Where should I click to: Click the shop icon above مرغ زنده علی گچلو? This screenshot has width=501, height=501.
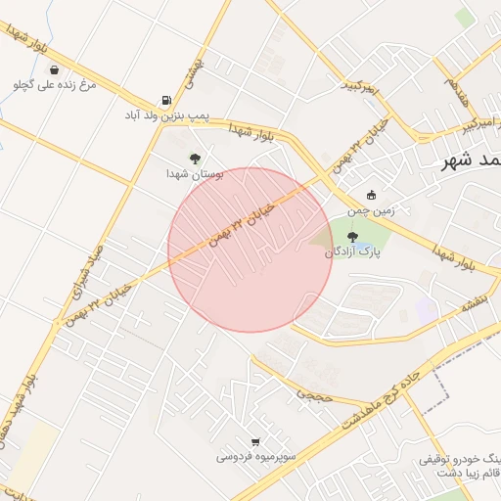(52, 70)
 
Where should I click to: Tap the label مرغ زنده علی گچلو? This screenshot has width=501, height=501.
(55, 85)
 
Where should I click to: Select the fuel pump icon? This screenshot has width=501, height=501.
(166, 101)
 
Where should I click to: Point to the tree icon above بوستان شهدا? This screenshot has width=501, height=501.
(195, 158)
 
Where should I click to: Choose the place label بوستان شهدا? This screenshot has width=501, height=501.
(195, 173)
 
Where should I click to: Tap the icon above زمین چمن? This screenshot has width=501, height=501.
(371, 195)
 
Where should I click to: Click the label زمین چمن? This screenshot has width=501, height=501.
(371, 209)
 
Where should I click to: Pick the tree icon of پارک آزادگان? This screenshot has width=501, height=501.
(352, 236)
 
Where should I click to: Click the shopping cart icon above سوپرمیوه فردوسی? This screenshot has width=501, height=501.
(255, 441)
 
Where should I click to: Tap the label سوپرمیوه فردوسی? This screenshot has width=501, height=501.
(252, 456)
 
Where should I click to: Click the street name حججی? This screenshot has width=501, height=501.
(315, 393)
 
